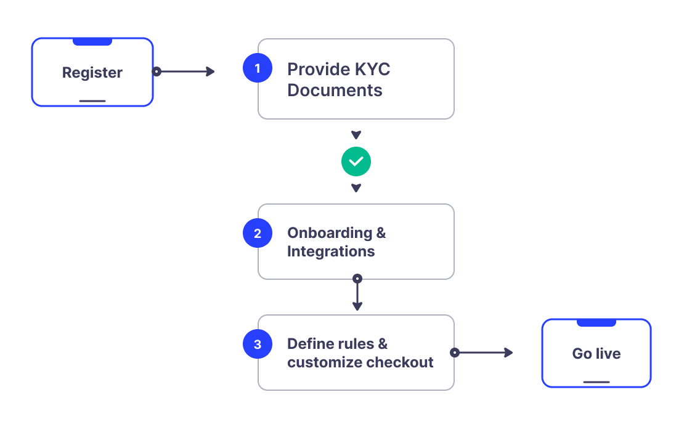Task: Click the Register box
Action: click(92, 72)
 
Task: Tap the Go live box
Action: click(596, 353)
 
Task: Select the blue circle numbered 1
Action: click(258, 67)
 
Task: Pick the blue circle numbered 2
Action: click(258, 233)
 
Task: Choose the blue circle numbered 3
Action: click(258, 344)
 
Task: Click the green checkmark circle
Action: click(356, 161)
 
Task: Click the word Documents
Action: click(335, 90)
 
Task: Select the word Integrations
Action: click(331, 251)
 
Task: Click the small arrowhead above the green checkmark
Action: click(356, 135)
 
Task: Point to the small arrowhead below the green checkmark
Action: click(356, 188)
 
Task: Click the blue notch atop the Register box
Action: click(92, 42)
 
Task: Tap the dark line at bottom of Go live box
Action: click(596, 382)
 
